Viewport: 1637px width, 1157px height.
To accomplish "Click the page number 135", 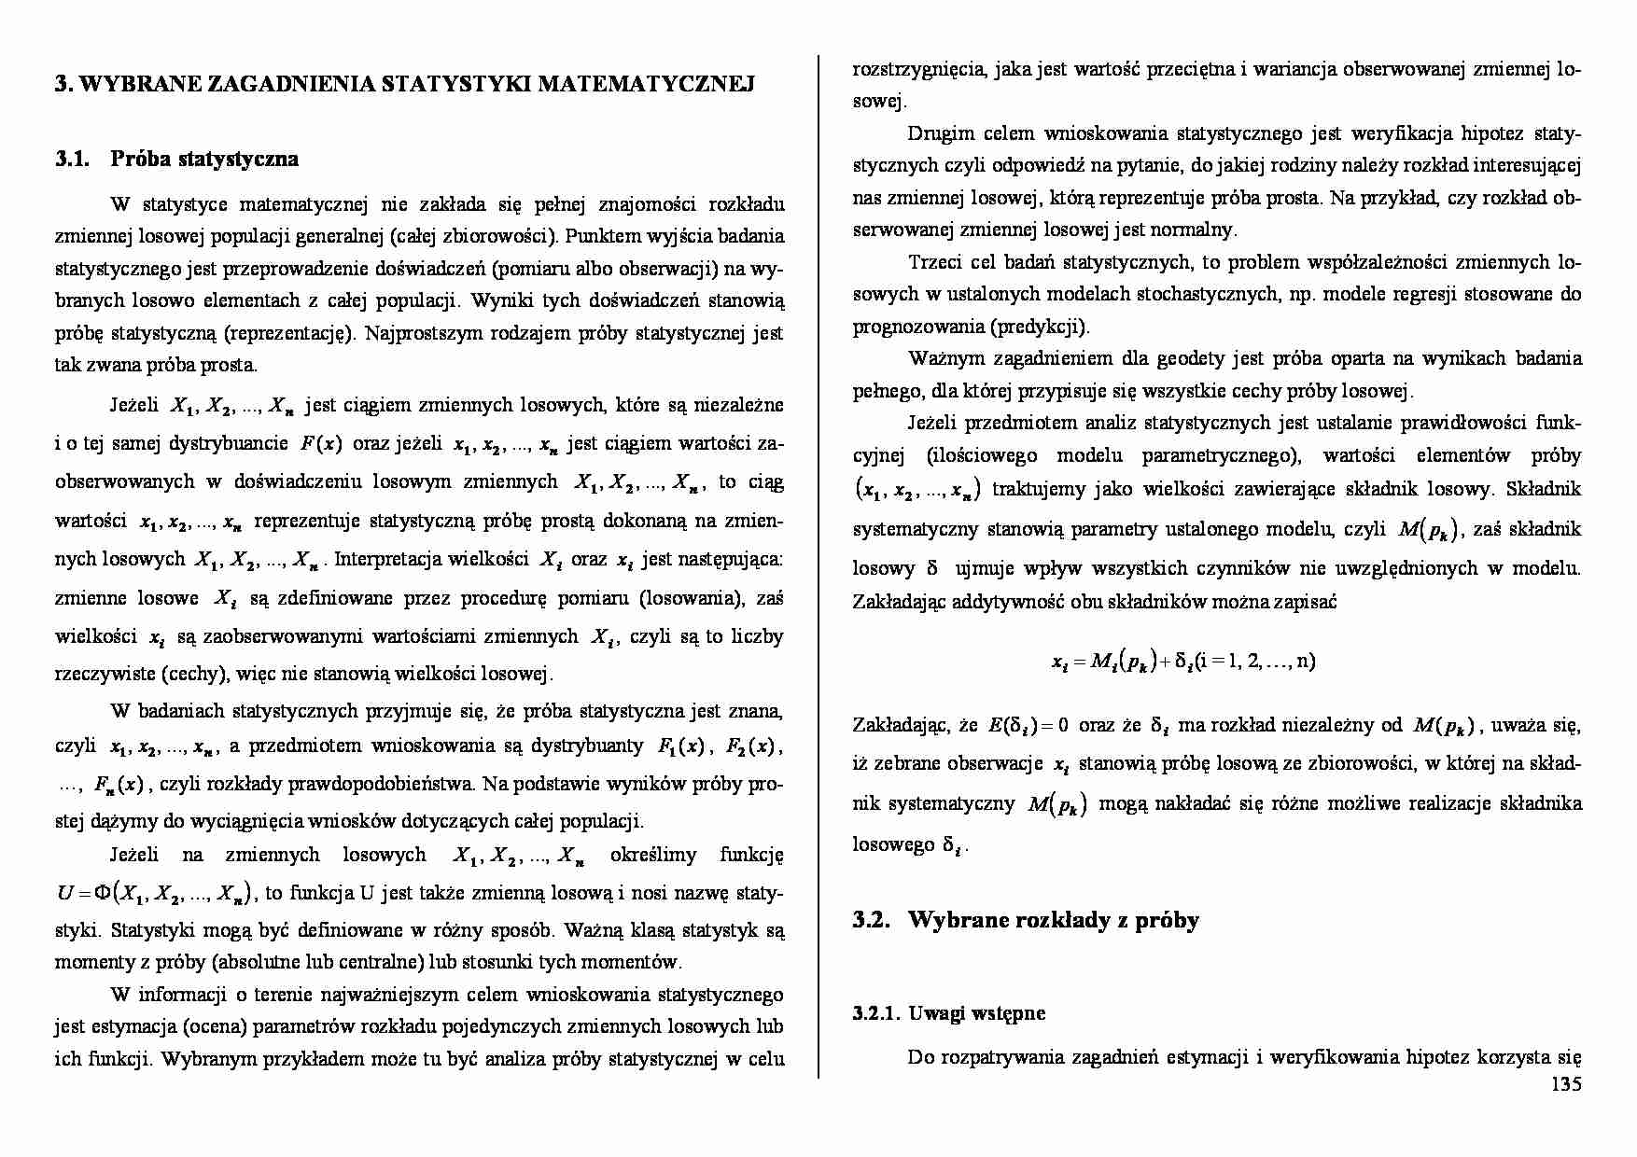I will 1566,1084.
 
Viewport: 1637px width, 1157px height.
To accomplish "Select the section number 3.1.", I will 71,159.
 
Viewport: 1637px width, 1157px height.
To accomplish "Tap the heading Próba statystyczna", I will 204,159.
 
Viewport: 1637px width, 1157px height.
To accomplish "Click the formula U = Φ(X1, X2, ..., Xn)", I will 156,894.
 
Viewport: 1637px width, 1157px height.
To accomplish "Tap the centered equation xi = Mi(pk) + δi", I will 1183,662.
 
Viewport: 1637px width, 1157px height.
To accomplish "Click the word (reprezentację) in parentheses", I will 290,333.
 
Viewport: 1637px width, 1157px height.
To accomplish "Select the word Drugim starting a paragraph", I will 934,133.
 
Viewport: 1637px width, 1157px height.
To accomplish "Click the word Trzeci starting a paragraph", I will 935,262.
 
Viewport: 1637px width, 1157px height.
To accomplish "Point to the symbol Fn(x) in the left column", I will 118,785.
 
